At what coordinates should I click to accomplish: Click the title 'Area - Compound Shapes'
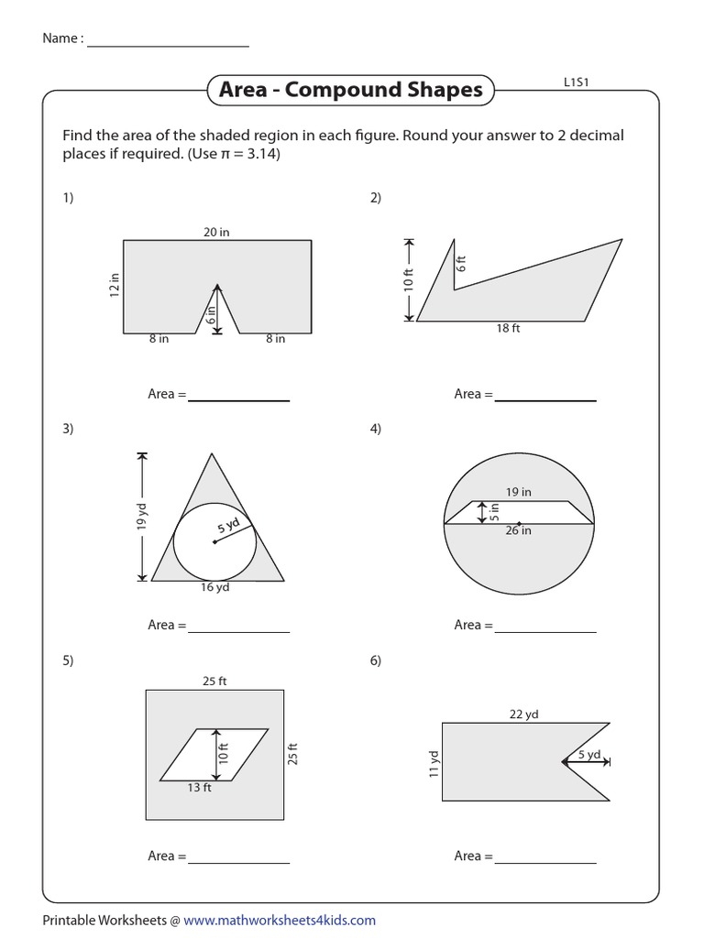[x=350, y=90]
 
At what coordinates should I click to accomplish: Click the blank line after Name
[x=168, y=40]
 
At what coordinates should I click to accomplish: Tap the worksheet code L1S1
[x=577, y=82]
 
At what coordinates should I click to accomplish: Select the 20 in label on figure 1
[x=216, y=233]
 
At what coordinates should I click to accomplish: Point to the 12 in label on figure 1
[x=115, y=285]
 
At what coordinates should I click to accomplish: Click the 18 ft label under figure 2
[x=508, y=329]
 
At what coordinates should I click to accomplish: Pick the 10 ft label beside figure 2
[x=409, y=278]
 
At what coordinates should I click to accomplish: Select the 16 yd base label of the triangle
[x=214, y=587]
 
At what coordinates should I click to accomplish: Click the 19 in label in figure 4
[x=519, y=492]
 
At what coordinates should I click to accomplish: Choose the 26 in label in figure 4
[x=518, y=530]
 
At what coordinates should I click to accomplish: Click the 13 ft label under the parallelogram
[x=200, y=788]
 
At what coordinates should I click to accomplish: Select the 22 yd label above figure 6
[x=524, y=714]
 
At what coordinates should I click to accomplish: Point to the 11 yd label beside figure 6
[x=434, y=762]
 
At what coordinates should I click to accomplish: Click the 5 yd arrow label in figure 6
[x=589, y=755]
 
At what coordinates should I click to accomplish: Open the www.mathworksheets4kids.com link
[x=279, y=921]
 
